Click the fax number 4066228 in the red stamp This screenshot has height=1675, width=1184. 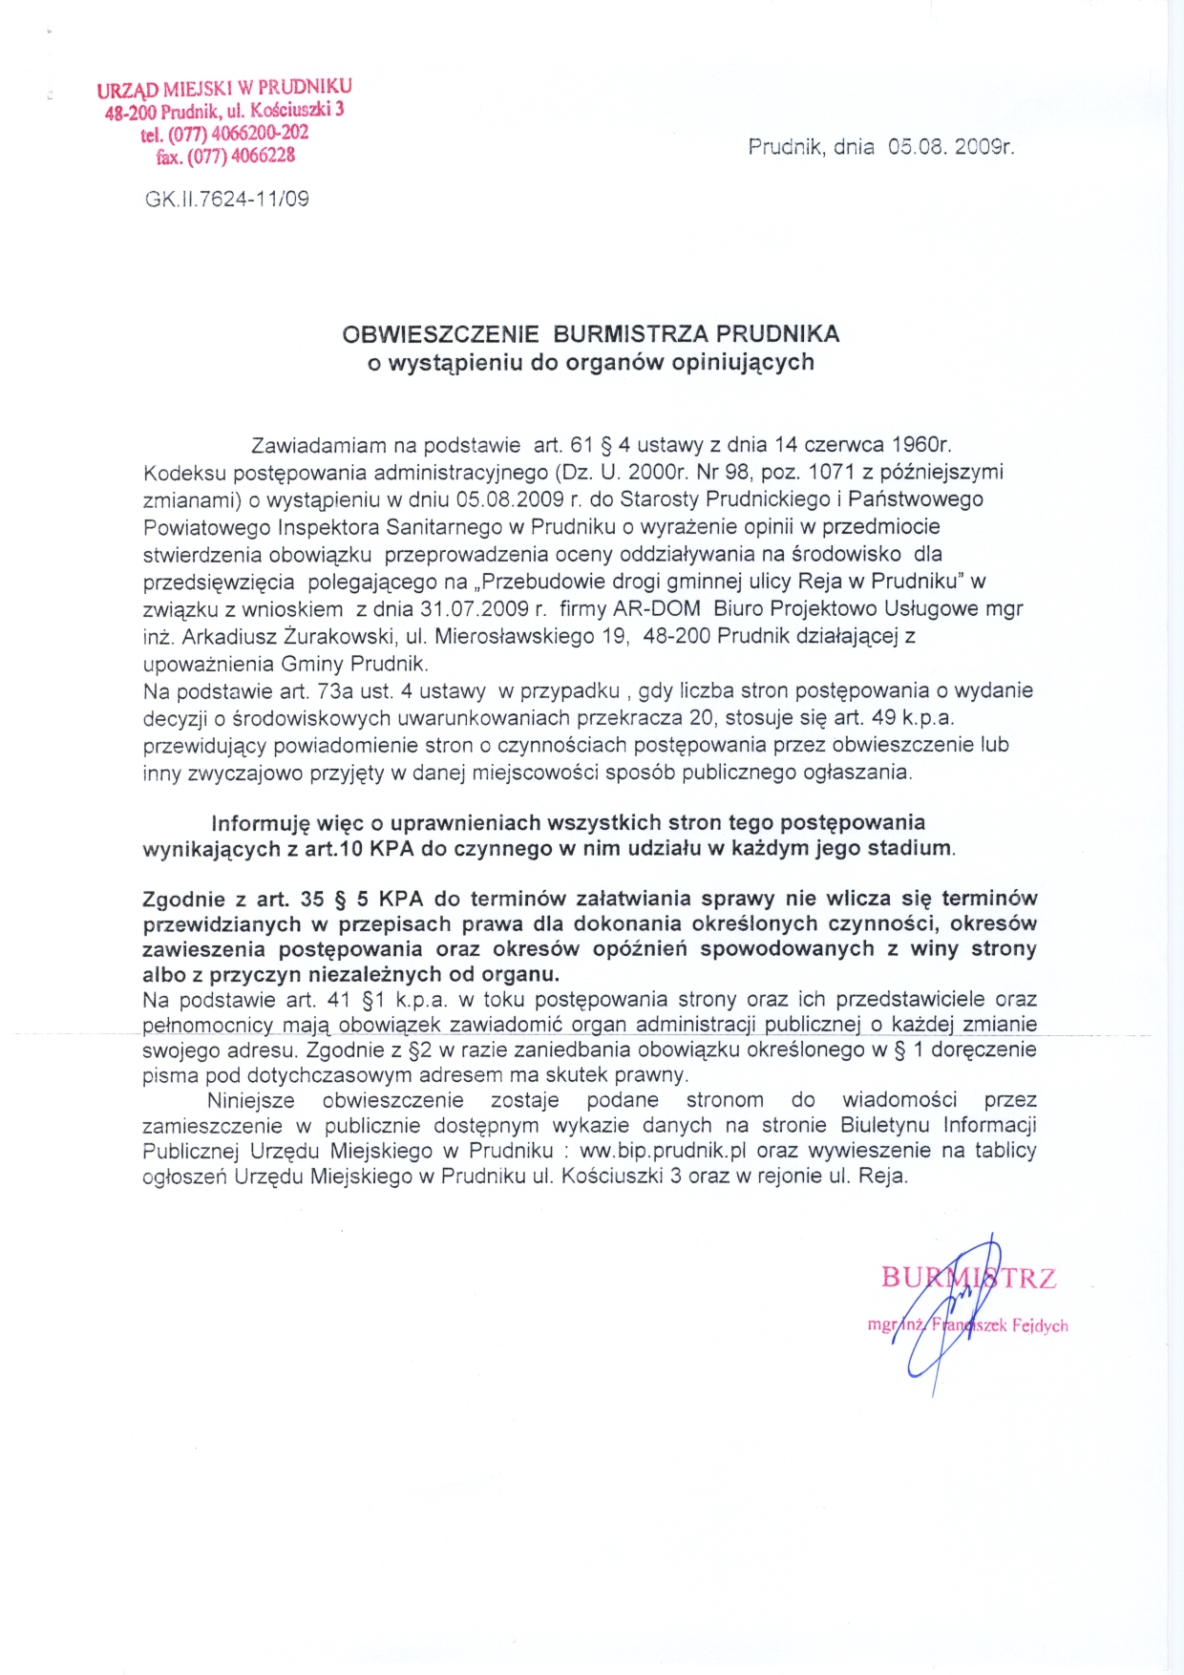(x=263, y=155)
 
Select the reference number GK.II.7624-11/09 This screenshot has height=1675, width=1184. (x=227, y=200)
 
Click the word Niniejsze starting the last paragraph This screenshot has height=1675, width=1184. (x=251, y=1100)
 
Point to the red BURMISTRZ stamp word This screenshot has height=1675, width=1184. (x=968, y=1278)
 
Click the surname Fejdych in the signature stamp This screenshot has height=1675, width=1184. (x=1040, y=1325)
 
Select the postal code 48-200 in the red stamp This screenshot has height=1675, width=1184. (x=130, y=114)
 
